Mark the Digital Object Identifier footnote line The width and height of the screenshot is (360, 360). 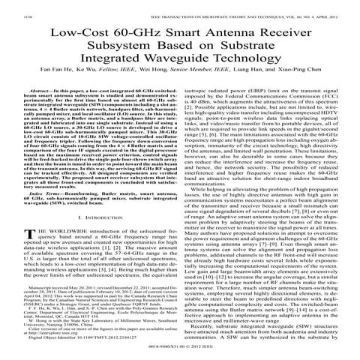coord(82,345)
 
